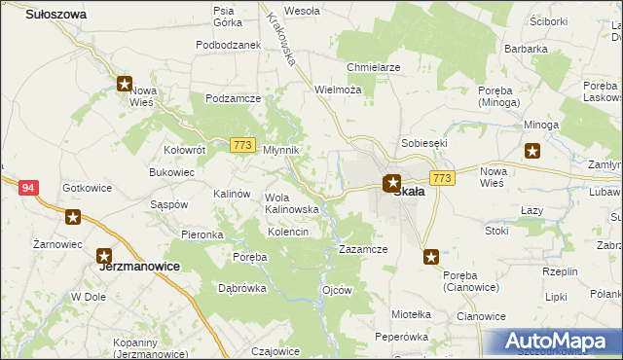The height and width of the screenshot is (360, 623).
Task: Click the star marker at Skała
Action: pyautogui.click(x=392, y=181)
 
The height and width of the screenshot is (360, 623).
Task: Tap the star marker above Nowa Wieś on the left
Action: pyautogui.click(x=125, y=85)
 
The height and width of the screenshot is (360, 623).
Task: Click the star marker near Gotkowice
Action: pyautogui.click(x=73, y=217)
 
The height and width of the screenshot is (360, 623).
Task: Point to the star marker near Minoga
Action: pyautogui.click(x=532, y=150)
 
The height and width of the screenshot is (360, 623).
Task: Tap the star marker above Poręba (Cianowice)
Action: pyautogui.click(x=431, y=257)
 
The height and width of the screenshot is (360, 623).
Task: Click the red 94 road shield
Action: pyautogui.click(x=27, y=188)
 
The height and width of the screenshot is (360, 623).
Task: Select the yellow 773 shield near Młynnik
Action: pyautogui.click(x=243, y=146)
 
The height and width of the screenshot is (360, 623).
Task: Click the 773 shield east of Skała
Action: pyautogui.click(x=442, y=178)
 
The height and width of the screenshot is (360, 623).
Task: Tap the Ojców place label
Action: pyautogui.click(x=336, y=290)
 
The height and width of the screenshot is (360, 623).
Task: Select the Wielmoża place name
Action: pyautogui.click(x=338, y=89)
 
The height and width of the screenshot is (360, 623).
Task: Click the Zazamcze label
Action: pyautogui.click(x=363, y=249)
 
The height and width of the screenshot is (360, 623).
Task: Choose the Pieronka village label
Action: pyautogui.click(x=202, y=235)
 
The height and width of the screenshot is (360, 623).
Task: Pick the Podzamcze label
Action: pyautogui.click(x=232, y=98)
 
